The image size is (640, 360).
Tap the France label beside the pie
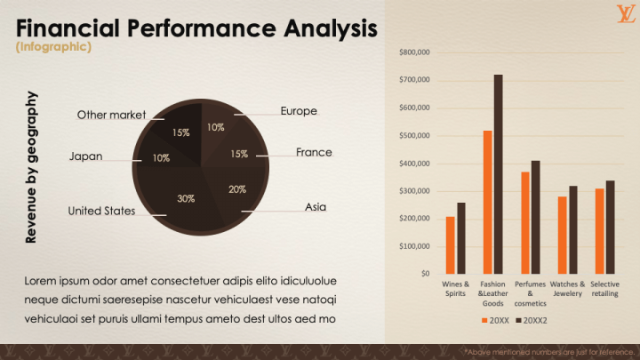[x=314, y=152]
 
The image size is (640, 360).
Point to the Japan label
[x=85, y=156]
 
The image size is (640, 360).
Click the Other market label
[x=111, y=115]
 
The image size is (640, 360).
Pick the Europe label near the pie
[x=299, y=111]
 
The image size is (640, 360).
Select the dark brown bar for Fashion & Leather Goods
[x=498, y=173]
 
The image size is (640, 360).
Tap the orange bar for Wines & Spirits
[x=450, y=244]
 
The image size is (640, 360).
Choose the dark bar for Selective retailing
[x=610, y=227]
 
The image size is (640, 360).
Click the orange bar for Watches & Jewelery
[x=562, y=235]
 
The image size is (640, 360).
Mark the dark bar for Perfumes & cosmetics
[x=535, y=217]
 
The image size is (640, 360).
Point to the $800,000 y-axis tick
[x=415, y=52]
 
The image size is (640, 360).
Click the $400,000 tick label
[x=415, y=164]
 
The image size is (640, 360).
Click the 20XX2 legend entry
[x=531, y=320]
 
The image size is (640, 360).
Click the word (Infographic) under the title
[x=53, y=47]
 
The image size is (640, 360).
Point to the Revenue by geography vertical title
[x=31, y=167]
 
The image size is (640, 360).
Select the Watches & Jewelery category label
[x=567, y=289]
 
